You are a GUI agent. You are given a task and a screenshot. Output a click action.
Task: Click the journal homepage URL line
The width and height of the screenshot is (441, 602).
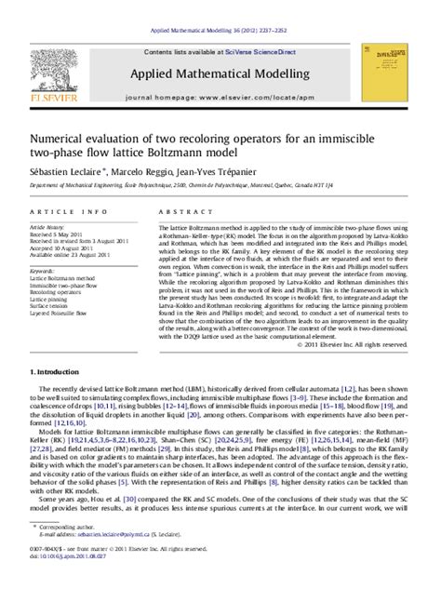(220, 95)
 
